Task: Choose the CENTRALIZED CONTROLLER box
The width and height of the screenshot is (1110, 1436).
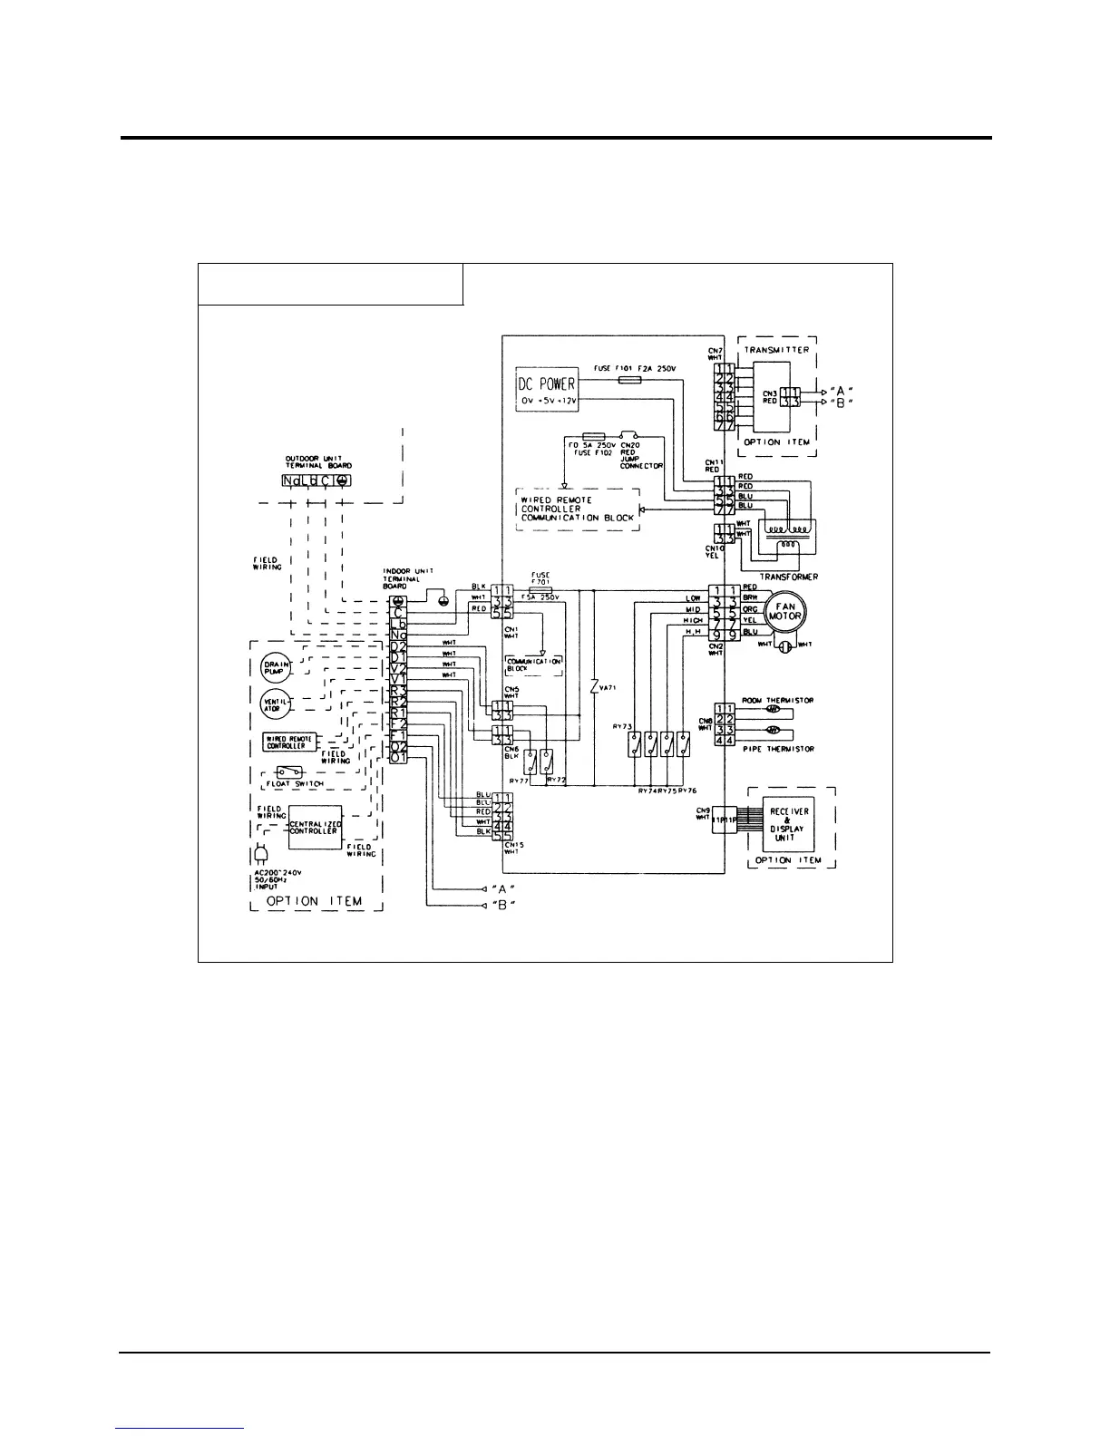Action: (315, 827)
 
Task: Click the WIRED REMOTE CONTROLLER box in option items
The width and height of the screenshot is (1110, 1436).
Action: (288, 742)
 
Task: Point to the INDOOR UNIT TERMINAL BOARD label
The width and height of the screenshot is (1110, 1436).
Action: (411, 577)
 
